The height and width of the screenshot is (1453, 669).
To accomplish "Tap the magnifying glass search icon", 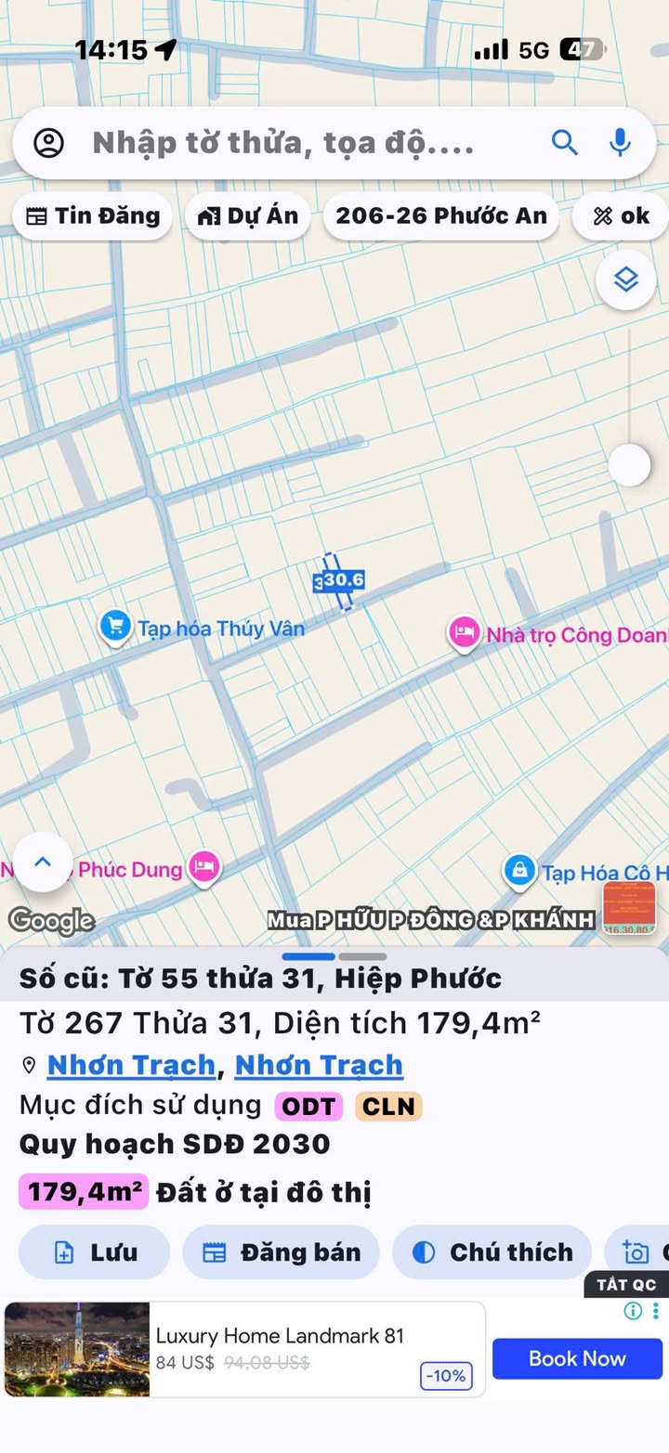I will point(565,142).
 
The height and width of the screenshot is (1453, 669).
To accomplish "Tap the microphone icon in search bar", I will point(620,142).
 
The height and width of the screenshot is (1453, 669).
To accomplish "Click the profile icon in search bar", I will point(48,143).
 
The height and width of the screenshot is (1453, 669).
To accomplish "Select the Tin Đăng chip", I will point(92,216).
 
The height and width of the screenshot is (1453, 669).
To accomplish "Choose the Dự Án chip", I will point(248,216).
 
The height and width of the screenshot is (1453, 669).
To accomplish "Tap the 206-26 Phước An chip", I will point(441,216).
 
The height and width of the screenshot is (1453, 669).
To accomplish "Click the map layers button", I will point(625,279).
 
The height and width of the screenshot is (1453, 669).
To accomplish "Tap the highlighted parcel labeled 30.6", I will point(339,581).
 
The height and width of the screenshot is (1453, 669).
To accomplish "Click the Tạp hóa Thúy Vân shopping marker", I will point(114,627).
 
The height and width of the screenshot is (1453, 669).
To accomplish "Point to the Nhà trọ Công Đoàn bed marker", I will point(464,633).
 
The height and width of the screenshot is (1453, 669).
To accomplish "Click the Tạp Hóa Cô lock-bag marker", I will point(519,871).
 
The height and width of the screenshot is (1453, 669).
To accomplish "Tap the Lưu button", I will point(95,1252).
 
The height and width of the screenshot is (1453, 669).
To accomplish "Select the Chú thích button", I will point(492,1252).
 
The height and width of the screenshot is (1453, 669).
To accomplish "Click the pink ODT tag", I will point(308,1106).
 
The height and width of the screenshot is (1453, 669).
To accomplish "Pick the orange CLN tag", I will point(387,1106).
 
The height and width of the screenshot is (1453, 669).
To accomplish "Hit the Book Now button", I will point(577,1358).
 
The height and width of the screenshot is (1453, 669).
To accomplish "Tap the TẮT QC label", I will point(625,1284).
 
